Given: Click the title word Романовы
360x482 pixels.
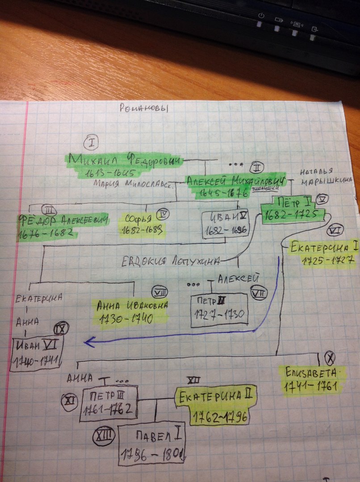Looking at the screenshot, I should tap(146, 108).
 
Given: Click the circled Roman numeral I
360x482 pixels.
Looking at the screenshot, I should tap(91, 143).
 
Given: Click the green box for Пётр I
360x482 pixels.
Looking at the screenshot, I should tap(292, 209).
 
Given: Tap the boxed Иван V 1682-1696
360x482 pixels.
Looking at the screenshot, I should tap(225, 225).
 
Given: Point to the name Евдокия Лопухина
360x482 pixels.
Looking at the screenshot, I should tap(172, 262).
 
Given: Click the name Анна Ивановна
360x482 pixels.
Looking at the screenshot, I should tap(133, 306).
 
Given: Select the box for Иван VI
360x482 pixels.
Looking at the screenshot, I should tap(37, 352).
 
